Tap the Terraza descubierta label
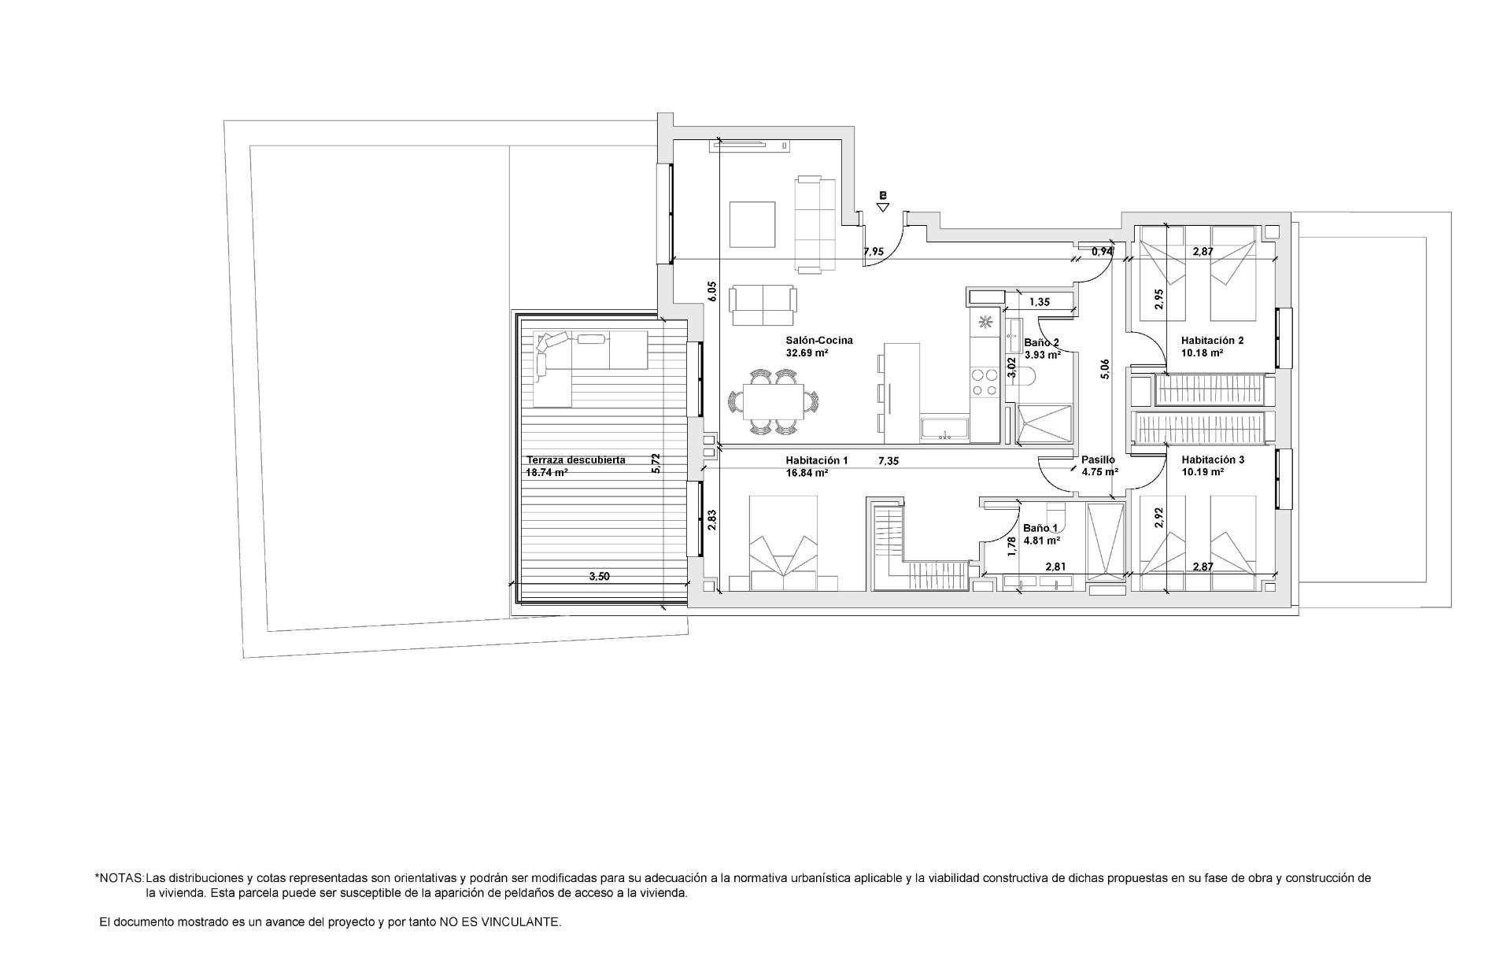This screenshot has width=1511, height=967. click(575, 460)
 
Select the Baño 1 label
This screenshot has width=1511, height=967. click(1040, 528)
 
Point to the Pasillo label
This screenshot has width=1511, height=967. click(1098, 460)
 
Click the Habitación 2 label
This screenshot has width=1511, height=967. click(1212, 341)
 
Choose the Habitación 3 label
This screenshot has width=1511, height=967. click(1212, 460)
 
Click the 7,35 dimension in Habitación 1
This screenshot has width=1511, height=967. click(888, 461)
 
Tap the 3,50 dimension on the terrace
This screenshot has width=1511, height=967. click(600, 576)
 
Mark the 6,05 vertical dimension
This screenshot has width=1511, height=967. click(712, 292)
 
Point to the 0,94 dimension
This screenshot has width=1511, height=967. click(1102, 252)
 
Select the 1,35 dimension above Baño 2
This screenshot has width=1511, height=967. click(1040, 301)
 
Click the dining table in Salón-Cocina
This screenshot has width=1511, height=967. click(776, 402)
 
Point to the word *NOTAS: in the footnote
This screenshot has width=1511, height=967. click(119, 877)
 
